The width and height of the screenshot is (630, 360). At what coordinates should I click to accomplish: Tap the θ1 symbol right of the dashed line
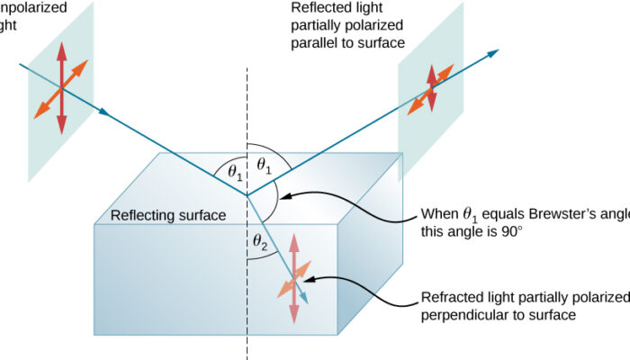(x=263, y=165)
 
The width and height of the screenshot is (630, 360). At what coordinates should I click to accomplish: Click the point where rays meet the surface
(x=247, y=193)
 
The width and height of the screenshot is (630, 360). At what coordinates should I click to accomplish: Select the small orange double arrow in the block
(x=295, y=279)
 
